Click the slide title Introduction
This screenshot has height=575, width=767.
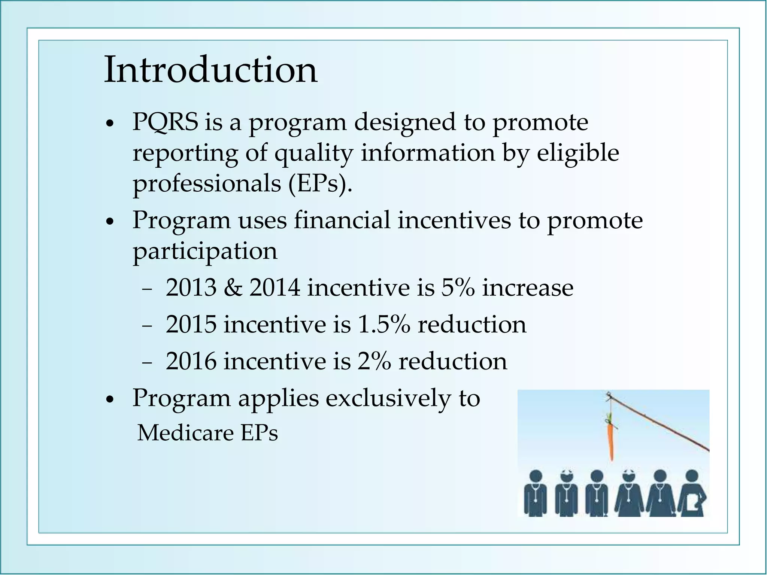pyautogui.click(x=210, y=70)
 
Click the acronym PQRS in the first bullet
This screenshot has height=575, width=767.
pyautogui.click(x=165, y=122)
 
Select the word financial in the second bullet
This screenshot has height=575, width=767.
pyautogui.click(x=342, y=220)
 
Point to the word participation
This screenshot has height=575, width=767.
pyautogui.click(x=205, y=252)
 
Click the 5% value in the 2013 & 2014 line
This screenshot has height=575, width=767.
pyautogui.click(x=458, y=288)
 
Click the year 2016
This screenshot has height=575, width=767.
pyautogui.click(x=191, y=361)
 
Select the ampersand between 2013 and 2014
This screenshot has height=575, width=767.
pyautogui.click(x=233, y=288)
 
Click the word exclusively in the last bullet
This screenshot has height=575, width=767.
pyautogui.click(x=388, y=398)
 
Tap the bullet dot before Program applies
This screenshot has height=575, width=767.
pyautogui.click(x=109, y=400)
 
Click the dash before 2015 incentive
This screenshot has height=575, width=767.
pyautogui.click(x=147, y=325)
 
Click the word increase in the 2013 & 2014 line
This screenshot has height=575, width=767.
pyautogui.click(x=527, y=288)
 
